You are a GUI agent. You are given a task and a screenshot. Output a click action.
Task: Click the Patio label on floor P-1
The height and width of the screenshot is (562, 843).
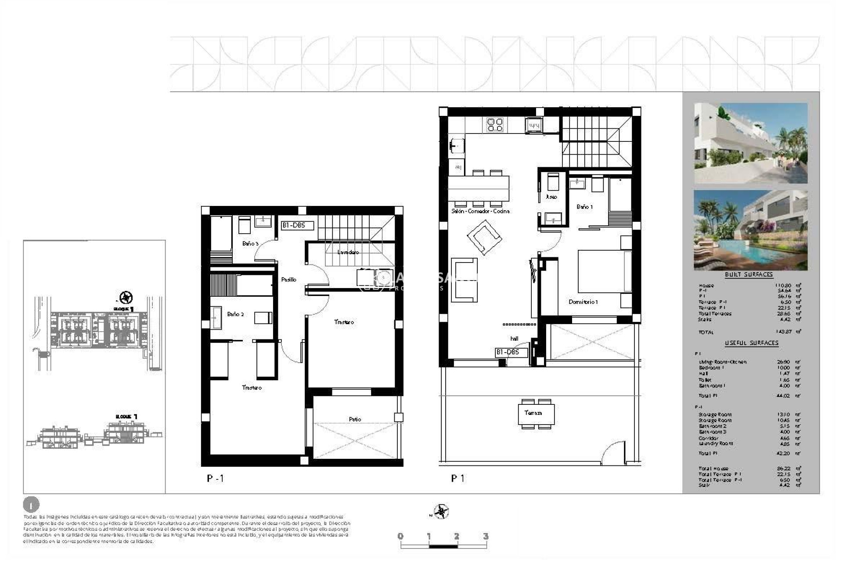355,419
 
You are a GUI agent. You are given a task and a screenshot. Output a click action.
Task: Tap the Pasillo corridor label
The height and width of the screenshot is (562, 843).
288,280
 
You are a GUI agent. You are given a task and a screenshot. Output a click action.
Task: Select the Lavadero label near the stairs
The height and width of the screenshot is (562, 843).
348,252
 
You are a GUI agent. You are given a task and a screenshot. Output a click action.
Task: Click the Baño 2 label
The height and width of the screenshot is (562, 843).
235,314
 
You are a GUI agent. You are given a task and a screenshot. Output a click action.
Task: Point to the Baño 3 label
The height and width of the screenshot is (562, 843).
250,244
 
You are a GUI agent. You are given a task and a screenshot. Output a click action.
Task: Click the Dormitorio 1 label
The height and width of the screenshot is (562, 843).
583,302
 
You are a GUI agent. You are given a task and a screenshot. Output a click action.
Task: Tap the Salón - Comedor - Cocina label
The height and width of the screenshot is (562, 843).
480,211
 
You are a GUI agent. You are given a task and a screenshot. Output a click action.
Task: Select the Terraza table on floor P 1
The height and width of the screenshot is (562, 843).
536,414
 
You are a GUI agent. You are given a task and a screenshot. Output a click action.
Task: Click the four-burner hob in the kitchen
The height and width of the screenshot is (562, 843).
495,125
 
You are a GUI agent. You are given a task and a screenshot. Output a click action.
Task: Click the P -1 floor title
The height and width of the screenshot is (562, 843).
215,479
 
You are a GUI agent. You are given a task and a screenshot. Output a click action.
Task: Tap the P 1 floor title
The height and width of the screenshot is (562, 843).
458,479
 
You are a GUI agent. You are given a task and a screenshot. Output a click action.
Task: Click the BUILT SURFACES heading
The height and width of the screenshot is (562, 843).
749,274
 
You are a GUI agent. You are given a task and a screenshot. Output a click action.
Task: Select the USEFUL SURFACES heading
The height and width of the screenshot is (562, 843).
751,343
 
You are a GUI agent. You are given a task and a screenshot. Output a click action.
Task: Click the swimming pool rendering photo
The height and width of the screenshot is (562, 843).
750,230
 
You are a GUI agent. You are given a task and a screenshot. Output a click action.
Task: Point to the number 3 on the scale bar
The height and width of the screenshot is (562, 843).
485,536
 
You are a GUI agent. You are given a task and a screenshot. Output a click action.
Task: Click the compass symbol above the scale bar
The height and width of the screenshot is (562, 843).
441,512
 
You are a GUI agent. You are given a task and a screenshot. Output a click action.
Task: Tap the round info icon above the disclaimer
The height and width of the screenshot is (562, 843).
31,505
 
